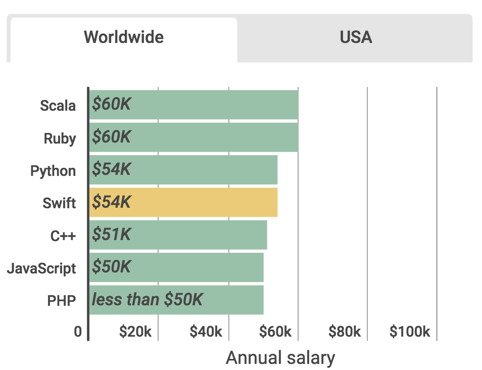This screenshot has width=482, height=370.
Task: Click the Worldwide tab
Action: point(124,37)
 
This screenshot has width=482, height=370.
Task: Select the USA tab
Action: point(356,37)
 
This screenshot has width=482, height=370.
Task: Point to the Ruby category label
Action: point(60,138)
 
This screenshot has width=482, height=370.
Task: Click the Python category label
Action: point(53,171)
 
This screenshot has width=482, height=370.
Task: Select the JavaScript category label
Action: point(41,268)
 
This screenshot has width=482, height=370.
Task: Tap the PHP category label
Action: point(61,301)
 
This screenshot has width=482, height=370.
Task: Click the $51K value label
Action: point(111,235)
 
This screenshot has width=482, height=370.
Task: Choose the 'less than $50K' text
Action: point(147,300)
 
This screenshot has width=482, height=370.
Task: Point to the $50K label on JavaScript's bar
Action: point(111,267)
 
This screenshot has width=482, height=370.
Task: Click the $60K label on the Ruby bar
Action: point(111,137)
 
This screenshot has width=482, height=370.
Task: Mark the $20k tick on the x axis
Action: point(135,332)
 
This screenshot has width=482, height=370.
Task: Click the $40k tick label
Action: point(206,332)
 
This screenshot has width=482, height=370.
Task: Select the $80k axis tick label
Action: point(345,332)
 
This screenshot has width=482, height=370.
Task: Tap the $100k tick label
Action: point(410,332)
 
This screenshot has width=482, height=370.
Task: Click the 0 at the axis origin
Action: point(78,332)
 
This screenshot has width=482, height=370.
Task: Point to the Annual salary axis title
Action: point(280,358)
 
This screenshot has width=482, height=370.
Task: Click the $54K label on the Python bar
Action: point(111,169)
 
